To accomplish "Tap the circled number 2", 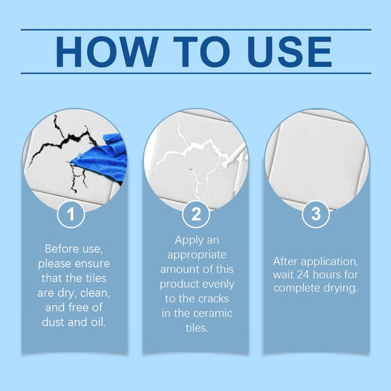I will (195, 214).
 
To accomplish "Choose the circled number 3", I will (316, 214).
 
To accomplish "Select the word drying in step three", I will (343, 288).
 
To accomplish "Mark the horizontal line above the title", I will (195, 29).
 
